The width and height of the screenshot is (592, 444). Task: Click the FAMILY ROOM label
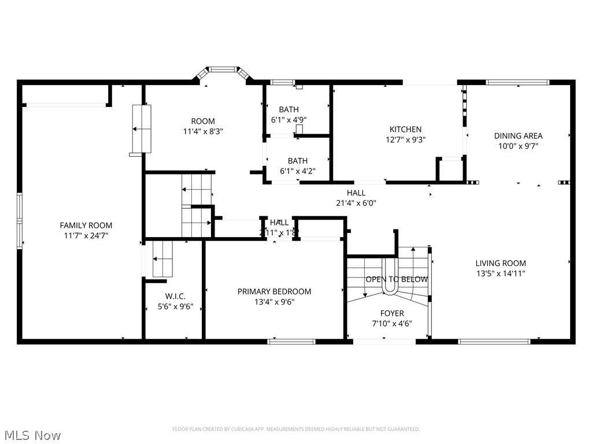click(86, 225)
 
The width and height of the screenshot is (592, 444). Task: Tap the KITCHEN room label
click(405, 129)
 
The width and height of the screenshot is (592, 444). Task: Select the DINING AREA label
click(518, 136)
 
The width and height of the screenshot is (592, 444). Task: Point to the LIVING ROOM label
click(501, 263)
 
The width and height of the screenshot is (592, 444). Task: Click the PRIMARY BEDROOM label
click(274, 291)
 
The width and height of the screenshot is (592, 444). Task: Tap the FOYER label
click(392, 313)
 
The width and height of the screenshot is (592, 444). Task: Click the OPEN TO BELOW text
click(397, 279)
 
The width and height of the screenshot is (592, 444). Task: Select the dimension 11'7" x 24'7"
click(86, 235)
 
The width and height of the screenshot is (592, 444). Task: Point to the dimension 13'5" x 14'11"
click(501, 273)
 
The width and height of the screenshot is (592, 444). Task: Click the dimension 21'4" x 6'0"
click(356, 203)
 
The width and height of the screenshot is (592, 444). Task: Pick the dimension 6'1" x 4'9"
click(288, 120)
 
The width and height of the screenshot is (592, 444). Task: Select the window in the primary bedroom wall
click(291, 342)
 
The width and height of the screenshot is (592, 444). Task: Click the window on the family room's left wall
click(20, 221)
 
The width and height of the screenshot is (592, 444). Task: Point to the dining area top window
click(509, 82)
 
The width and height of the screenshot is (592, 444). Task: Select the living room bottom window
click(494, 342)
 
